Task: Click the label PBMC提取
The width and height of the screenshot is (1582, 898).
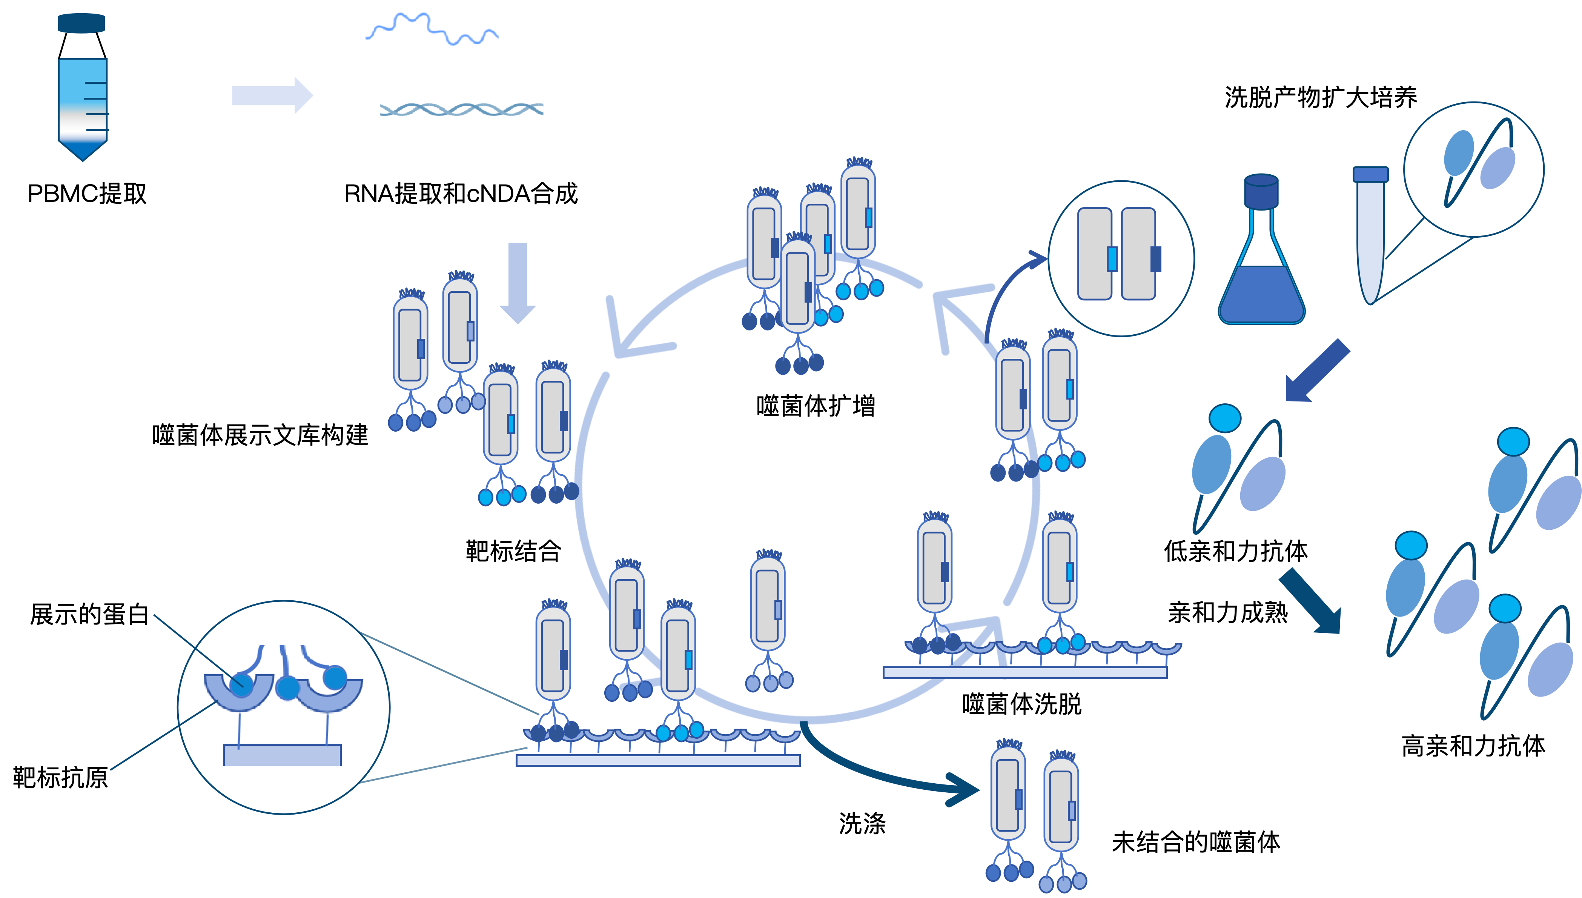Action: pyautogui.click(x=87, y=194)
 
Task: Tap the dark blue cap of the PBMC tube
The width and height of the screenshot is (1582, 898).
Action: pyautogui.click(x=81, y=23)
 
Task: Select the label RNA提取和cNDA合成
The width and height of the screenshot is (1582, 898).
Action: pyautogui.click(x=461, y=194)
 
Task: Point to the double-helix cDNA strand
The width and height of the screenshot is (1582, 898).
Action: pyautogui.click(x=461, y=110)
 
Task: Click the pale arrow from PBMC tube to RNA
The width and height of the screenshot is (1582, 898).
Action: pyautogui.click(x=272, y=95)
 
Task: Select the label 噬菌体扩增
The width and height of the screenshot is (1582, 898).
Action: pyautogui.click(x=816, y=406)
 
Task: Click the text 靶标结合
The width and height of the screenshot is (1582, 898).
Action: pyautogui.click(x=513, y=551)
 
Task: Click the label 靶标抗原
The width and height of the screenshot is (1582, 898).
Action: pyautogui.click(x=60, y=777)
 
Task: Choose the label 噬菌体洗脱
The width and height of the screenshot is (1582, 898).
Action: pyautogui.click(x=1021, y=704)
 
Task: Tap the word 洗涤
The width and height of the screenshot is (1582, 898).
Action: pyautogui.click(x=862, y=823)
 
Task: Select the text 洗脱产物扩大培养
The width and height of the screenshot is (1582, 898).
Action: pyautogui.click(x=1321, y=97)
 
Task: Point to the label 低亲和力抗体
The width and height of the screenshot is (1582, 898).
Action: pyautogui.click(x=1235, y=551)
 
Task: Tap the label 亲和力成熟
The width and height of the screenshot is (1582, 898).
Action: pyautogui.click(x=1227, y=612)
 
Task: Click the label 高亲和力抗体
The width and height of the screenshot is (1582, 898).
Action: pyautogui.click(x=1473, y=746)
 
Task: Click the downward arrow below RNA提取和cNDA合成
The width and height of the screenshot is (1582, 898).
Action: pyautogui.click(x=517, y=283)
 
